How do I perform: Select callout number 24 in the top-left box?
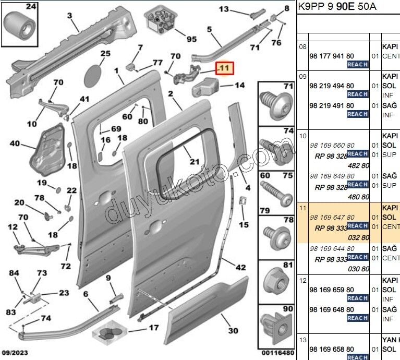coord(17,7)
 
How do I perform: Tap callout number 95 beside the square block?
coord(191,39)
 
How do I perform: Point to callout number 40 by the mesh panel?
coord(15,143)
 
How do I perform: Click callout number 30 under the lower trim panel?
coord(233,330)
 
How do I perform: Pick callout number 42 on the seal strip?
coord(240,268)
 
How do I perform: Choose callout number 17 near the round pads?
coord(153,328)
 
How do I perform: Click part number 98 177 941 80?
coord(332,56)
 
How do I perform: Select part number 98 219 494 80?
coord(332,86)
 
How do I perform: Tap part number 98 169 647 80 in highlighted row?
coord(332,217)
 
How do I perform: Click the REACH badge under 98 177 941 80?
coord(357,65)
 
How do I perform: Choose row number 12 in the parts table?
coord(302,281)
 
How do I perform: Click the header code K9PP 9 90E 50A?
coord(337,7)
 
